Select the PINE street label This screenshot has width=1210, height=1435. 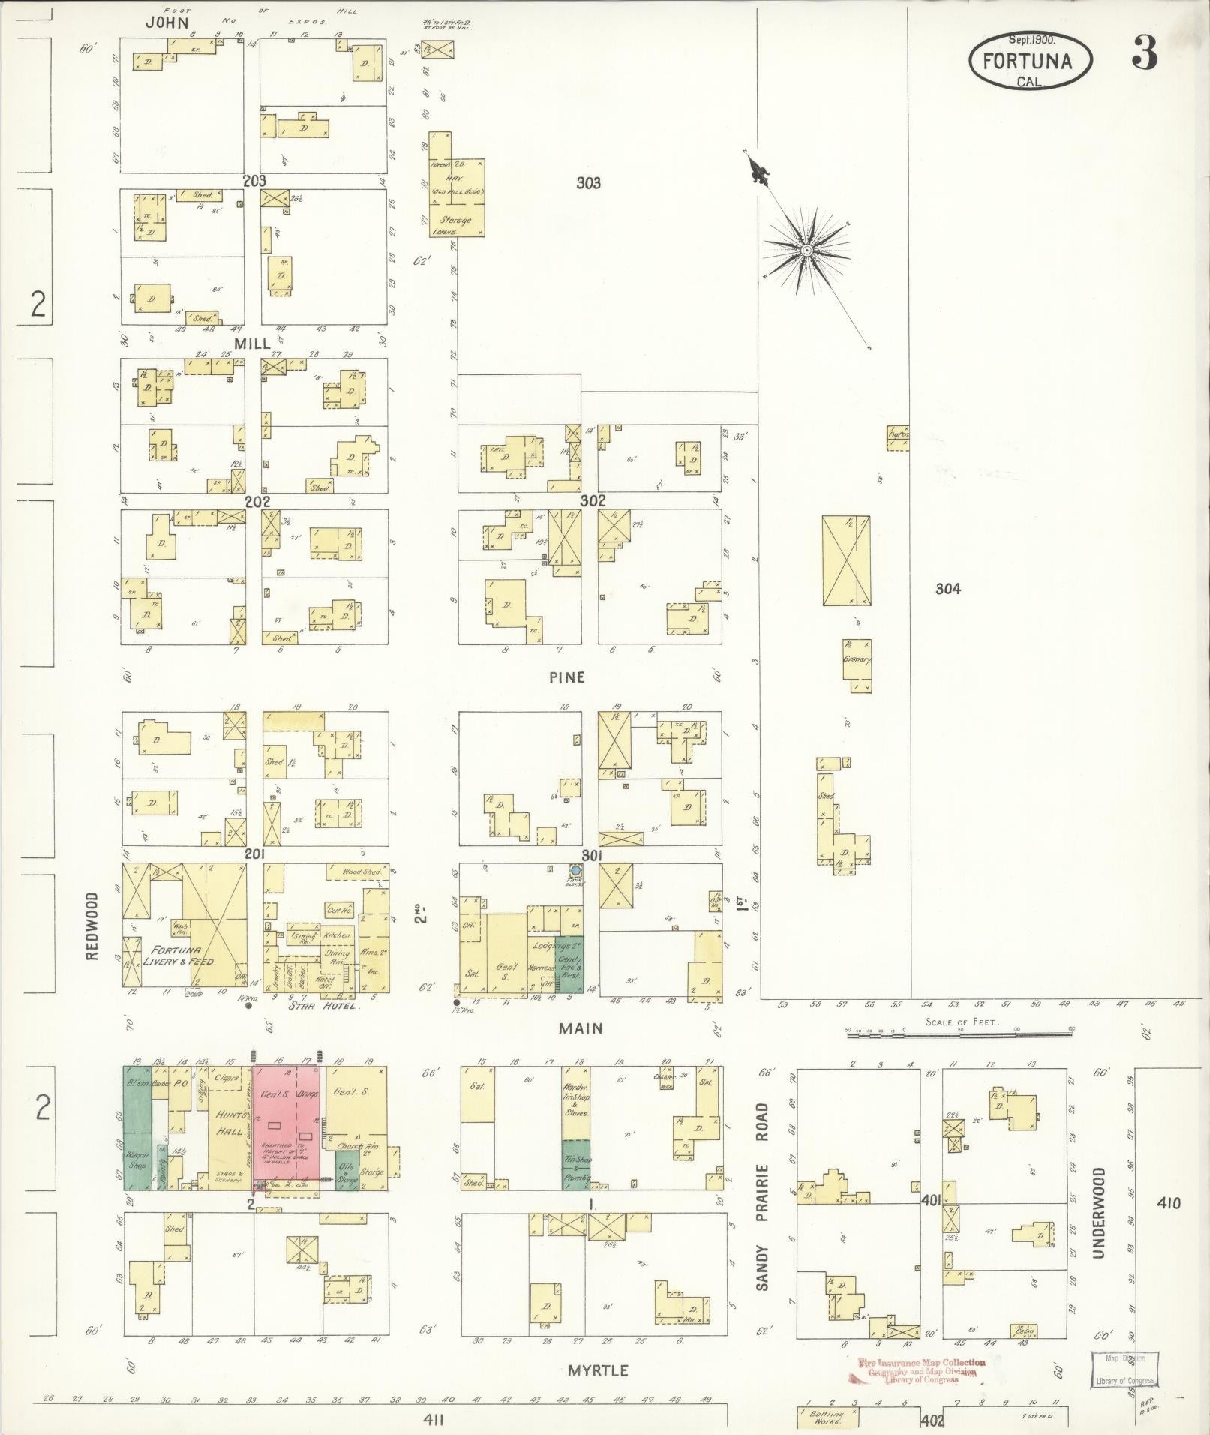coord(566,677)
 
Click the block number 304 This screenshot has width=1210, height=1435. coord(947,589)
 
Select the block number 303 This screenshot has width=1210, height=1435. coord(588,182)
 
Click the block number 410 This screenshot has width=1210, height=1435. coord(1168,1204)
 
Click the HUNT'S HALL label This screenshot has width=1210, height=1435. coord(228,1124)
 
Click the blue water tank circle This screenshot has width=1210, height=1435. coord(575,870)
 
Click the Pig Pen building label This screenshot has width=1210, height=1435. coord(898,434)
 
